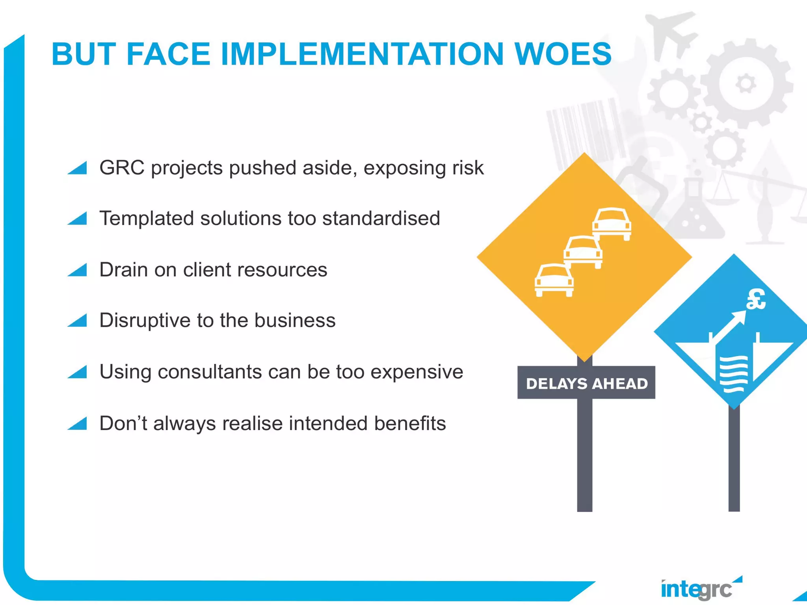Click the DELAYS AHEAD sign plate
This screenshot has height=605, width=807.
[586, 383]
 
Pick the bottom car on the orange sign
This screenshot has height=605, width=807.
[554, 280]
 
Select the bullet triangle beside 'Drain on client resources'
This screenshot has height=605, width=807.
[78, 270]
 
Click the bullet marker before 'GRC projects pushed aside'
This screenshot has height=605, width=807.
[78, 168]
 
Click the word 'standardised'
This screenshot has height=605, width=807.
[381, 218]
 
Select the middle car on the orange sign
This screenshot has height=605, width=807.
[583, 252]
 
